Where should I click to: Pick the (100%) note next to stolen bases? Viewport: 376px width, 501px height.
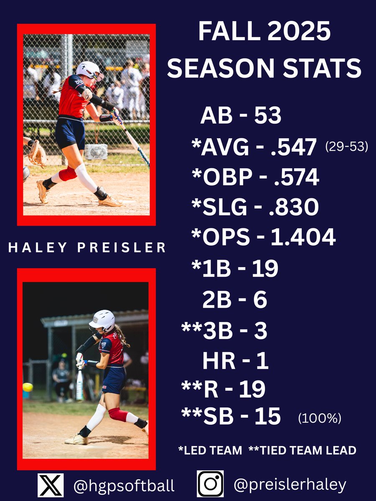(320, 418)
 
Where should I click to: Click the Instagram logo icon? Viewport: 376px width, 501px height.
(210, 484)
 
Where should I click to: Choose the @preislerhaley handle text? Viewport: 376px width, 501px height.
(290, 485)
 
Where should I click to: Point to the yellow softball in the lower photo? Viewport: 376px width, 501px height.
(28, 387)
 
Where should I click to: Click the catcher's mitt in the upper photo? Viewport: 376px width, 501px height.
(37, 153)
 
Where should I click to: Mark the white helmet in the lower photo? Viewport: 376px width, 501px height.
(102, 320)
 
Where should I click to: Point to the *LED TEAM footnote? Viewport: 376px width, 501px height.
(210, 450)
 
